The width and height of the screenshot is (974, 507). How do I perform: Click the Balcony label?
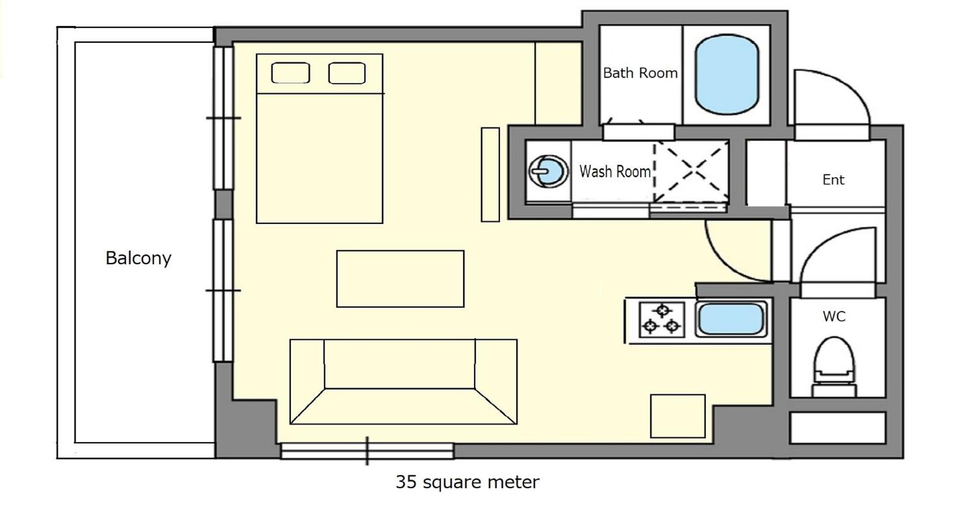pos(138,258)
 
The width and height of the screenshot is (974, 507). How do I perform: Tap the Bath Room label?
pos(640,73)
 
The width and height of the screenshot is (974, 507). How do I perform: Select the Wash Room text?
pos(615,171)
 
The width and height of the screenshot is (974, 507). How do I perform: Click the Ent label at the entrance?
pos(833,180)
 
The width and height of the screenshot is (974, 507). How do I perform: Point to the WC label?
pos(834,317)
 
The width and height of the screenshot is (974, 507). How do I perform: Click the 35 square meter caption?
pos(467,482)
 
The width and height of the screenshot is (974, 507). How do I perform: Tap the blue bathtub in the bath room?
pos(726,74)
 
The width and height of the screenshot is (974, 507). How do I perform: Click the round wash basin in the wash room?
pos(548,171)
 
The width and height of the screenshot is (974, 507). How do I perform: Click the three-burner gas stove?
pos(662,319)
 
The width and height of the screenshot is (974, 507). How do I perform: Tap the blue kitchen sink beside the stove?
pos(731,319)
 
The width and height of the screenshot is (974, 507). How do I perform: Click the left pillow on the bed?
pos(291,73)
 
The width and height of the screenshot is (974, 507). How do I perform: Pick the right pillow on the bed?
pos(347,73)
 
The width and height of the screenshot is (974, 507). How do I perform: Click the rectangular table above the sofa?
pos(400,279)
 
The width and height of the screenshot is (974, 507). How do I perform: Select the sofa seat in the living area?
pos(403,381)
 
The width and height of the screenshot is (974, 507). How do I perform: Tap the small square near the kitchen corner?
pos(678,416)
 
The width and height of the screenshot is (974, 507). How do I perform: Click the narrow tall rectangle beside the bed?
pos(490,174)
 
